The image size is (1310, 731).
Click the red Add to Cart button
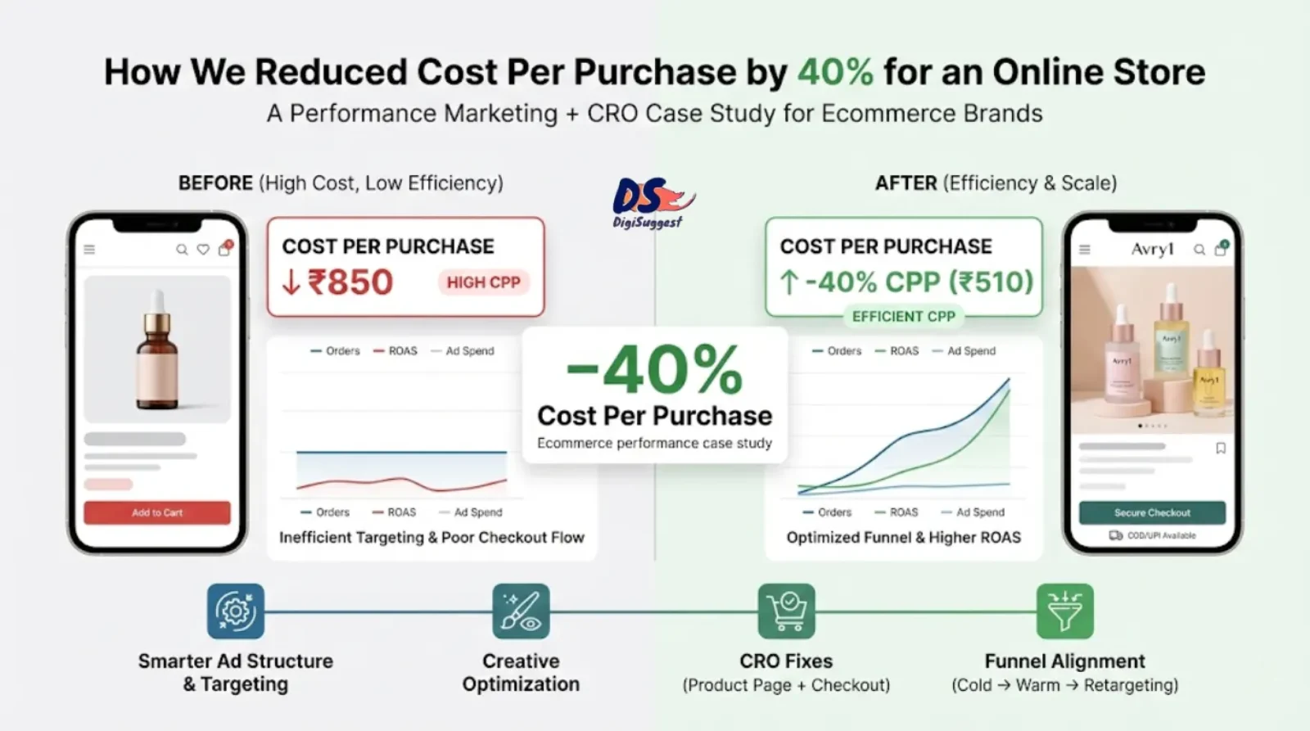tap(157, 512)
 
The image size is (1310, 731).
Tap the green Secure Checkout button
tap(1152, 512)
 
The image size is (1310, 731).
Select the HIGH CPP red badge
tap(483, 282)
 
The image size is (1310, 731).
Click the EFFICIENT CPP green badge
tap(903, 317)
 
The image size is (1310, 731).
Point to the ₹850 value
tap(350, 282)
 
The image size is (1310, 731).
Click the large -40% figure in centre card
tap(654, 371)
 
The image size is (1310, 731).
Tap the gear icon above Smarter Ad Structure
tap(236, 611)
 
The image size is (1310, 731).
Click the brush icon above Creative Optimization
tap(521, 611)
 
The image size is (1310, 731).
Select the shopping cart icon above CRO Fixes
tap(786, 611)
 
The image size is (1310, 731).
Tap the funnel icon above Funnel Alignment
tap(1064, 611)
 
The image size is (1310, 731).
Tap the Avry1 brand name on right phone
tap(1152, 249)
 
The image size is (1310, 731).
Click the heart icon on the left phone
tap(203, 250)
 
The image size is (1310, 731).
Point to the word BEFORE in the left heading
tap(215, 183)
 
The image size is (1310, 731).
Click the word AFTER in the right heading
tap(906, 183)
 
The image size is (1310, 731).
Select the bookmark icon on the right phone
tap(1220, 448)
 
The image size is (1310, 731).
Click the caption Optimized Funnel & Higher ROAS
tap(903, 538)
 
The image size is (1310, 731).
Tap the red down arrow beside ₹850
tap(291, 282)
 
